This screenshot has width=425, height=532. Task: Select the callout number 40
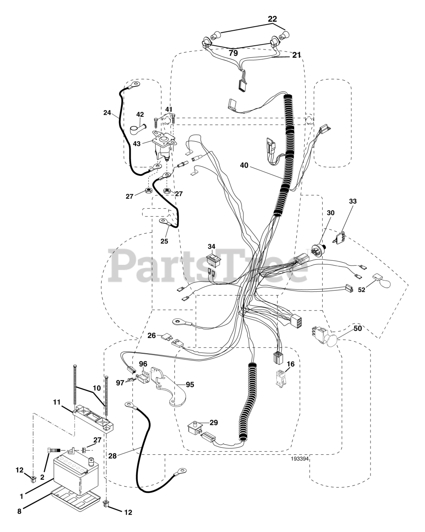tap(244, 165)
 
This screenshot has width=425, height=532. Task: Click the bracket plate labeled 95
tap(171, 389)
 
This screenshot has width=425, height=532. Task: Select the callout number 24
tap(107, 112)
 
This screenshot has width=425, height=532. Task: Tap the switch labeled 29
tap(194, 427)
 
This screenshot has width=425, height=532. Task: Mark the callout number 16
tap(291, 365)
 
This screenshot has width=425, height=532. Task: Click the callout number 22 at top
tap(272, 18)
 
